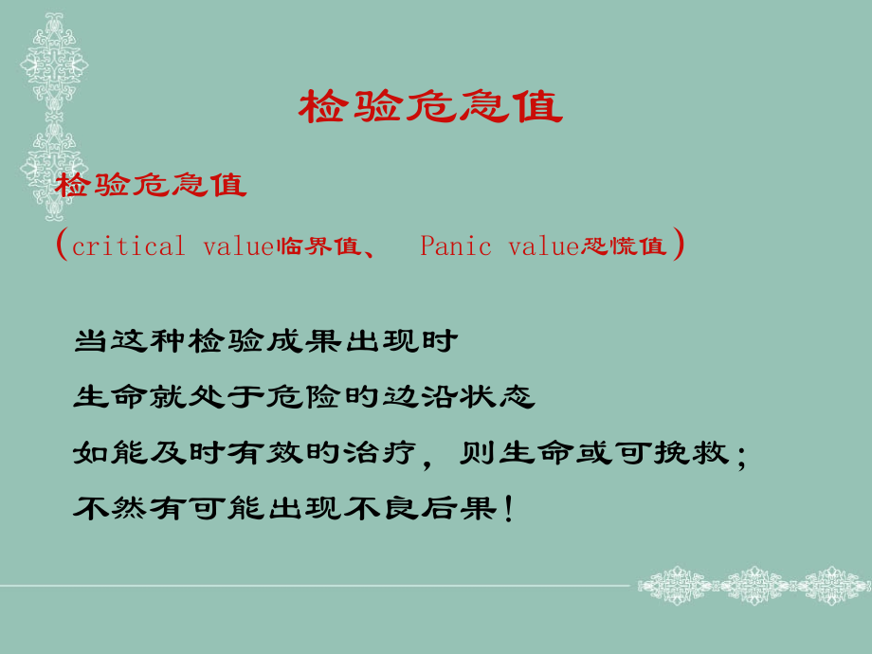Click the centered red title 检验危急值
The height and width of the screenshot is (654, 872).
431,108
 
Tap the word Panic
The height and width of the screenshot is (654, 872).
456,247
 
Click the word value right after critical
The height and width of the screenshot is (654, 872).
238,247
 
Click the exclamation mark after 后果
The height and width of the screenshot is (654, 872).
511,509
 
